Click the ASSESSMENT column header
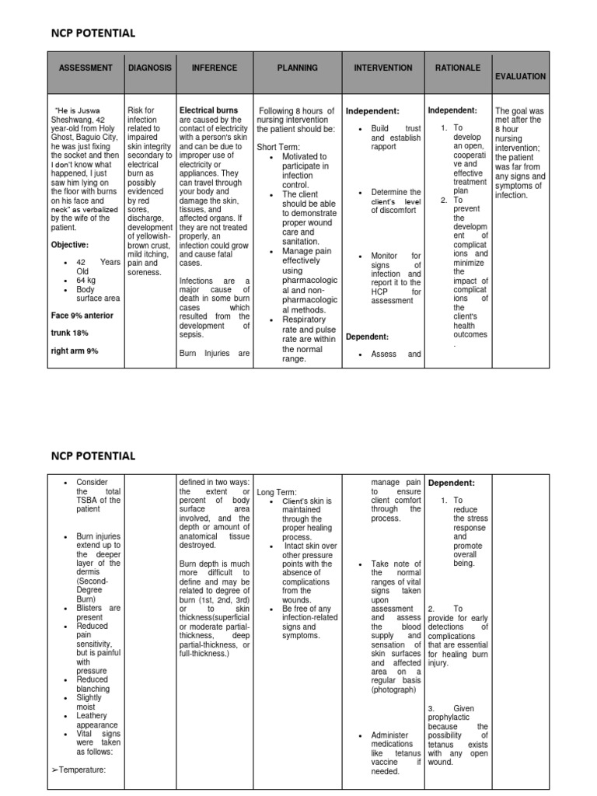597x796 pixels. pyautogui.click(x=85, y=68)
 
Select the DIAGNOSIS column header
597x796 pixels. pyautogui.click(x=150, y=68)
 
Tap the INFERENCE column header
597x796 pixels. pyautogui.click(x=215, y=68)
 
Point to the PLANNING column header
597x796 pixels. pyautogui.click(x=297, y=68)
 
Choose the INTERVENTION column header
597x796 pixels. pyautogui.click(x=382, y=68)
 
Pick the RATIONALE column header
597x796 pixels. pyautogui.click(x=458, y=68)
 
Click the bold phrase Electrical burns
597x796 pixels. pyautogui.click(x=209, y=111)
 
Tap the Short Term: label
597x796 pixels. pyautogui.click(x=278, y=147)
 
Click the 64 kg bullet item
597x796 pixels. pyautogui.click(x=86, y=280)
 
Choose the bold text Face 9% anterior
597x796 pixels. pyautogui.click(x=82, y=316)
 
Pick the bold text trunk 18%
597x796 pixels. pyautogui.click(x=71, y=333)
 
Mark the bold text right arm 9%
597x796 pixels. pyautogui.click(x=75, y=351)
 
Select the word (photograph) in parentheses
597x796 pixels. pyautogui.click(x=394, y=690)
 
